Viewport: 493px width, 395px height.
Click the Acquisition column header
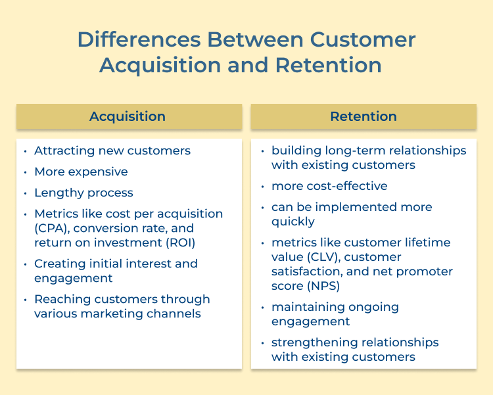click(128, 117)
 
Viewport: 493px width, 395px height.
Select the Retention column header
click(364, 117)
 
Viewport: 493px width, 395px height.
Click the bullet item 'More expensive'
click(81, 172)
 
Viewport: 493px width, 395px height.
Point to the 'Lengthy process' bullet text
click(83, 193)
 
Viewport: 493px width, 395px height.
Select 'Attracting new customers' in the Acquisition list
click(112, 151)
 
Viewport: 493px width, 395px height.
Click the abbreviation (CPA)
click(50, 228)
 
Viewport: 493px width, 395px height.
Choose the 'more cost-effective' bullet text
click(329, 186)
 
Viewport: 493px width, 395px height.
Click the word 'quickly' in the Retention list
click(293, 221)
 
